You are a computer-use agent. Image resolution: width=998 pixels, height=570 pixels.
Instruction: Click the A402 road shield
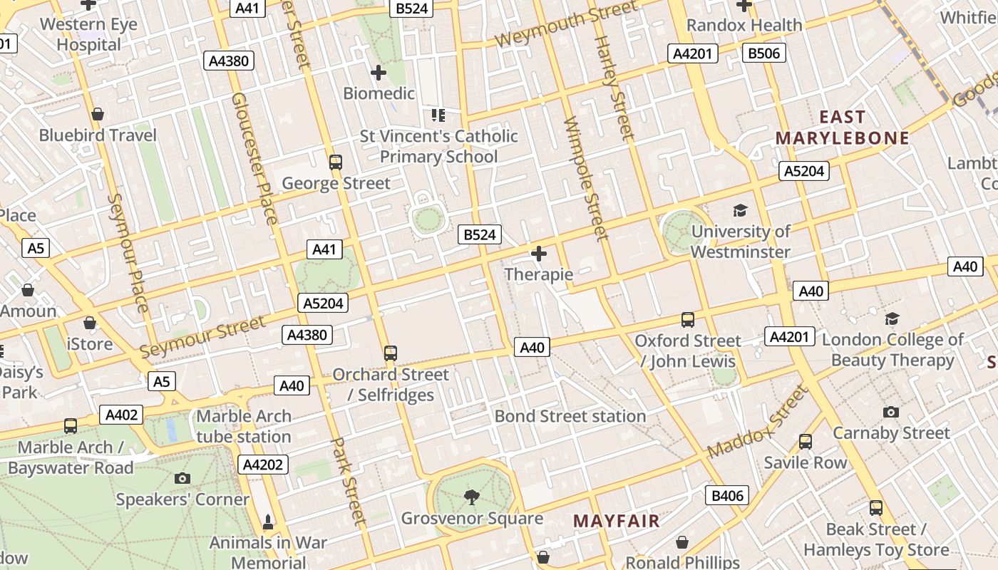tap(123, 415)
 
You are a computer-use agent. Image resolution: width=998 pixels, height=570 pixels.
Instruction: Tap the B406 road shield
tap(727, 496)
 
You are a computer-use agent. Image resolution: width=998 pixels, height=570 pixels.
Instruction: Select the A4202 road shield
tap(263, 465)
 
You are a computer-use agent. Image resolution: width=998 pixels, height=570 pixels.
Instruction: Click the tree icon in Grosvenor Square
tap(471, 497)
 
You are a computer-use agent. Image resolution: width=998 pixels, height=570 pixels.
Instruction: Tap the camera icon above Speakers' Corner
tap(182, 478)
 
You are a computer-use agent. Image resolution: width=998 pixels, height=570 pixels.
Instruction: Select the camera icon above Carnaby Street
tap(890, 412)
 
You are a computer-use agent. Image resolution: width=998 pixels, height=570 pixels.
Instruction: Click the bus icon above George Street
tap(336, 162)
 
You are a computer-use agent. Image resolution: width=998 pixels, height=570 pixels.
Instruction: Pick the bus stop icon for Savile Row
tap(806, 442)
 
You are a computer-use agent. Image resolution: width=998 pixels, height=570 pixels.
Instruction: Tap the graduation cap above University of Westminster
tap(741, 211)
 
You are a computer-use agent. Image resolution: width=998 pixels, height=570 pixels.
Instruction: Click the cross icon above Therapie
tap(539, 254)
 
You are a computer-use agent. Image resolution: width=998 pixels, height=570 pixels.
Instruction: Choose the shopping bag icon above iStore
tap(90, 323)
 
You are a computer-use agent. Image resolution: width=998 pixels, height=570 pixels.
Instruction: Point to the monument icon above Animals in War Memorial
tap(268, 522)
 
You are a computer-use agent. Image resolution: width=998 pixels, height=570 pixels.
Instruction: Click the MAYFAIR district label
tap(617, 521)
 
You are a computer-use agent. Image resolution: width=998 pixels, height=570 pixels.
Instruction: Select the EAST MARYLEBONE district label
tap(843, 128)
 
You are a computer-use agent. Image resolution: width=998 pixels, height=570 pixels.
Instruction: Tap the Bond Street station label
tap(570, 416)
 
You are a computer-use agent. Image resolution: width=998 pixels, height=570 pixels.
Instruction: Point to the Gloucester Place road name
tap(254, 158)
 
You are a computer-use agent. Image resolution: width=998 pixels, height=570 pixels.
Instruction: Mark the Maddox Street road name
tap(758, 422)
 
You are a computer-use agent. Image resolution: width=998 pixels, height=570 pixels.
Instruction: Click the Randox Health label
tap(744, 26)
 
